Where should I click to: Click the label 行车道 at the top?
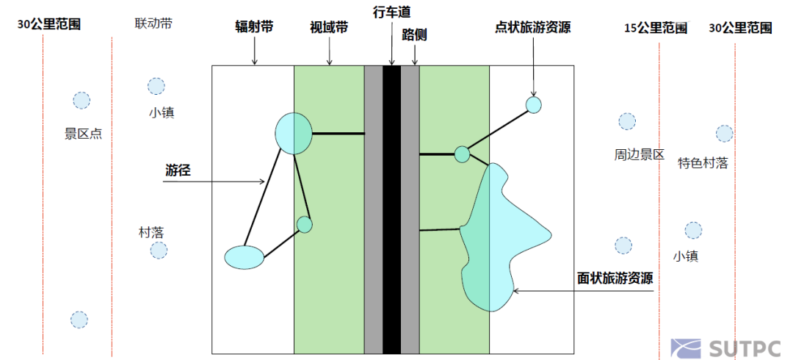click(391, 12)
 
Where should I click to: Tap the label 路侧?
click(415, 35)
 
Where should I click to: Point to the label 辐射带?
click(254, 27)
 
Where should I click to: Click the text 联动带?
click(153, 24)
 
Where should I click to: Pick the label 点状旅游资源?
click(533, 27)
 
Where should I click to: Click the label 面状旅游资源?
click(615, 278)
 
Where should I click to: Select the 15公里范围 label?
click(656, 28)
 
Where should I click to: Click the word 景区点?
click(83, 134)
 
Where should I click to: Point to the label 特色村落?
click(703, 163)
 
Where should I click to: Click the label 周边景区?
click(639, 155)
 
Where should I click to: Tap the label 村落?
click(151, 231)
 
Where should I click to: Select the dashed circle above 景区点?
click(81, 101)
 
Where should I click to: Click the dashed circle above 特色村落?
click(724, 133)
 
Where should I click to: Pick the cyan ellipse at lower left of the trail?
click(244, 256)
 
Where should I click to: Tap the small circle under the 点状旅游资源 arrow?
click(534, 105)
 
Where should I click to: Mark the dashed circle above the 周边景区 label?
click(627, 121)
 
